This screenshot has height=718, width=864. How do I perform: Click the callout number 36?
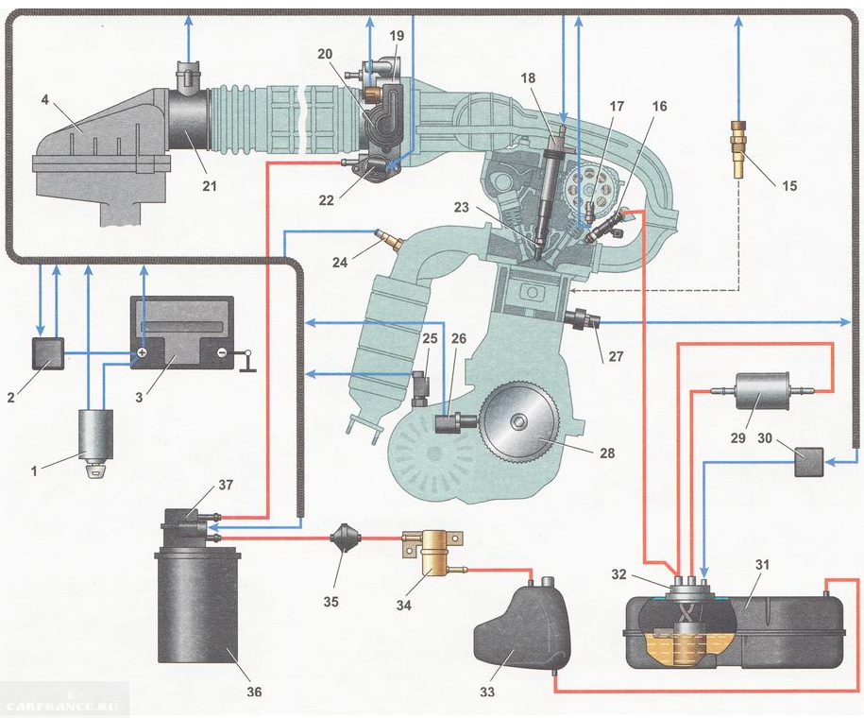click(x=254, y=692)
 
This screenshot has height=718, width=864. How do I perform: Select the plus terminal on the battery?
click(x=142, y=353)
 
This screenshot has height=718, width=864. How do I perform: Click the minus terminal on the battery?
click(x=221, y=353)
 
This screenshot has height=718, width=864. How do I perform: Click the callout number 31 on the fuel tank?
click(x=761, y=565)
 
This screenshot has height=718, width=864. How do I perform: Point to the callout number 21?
click(x=209, y=186)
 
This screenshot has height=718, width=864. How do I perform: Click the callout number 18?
click(x=527, y=77)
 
